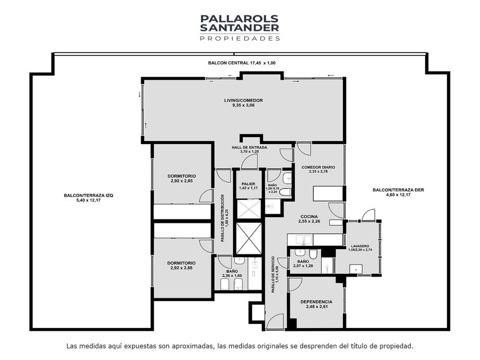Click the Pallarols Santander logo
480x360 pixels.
click(x=239, y=28)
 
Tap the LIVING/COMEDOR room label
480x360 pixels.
click(x=243, y=103)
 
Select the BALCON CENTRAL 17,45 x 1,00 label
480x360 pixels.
click(x=242, y=63)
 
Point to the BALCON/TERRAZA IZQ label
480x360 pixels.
click(x=89, y=198)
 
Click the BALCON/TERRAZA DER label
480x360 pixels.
click(x=398, y=192)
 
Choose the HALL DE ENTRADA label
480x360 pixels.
click(x=250, y=149)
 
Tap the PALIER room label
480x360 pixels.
click(x=248, y=186)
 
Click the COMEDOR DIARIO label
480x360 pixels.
click(x=318, y=169)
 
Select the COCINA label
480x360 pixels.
click(x=309, y=219)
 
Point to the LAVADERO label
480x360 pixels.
click(x=360, y=247)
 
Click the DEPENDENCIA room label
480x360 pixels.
click(x=316, y=304)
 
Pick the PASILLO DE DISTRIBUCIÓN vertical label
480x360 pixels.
click(x=225, y=218)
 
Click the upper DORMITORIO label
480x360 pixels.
click(x=182, y=178)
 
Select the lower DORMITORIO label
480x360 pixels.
click(x=181, y=265)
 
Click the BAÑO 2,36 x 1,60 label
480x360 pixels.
click(x=232, y=273)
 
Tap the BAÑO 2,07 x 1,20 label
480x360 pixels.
click(x=303, y=263)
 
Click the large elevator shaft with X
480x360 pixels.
click(x=249, y=238)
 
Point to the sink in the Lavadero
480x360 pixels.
click(x=355, y=269)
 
